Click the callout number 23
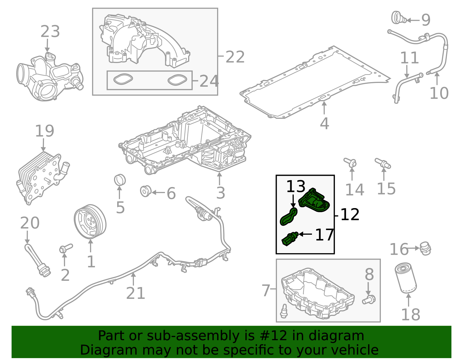coord(50,32)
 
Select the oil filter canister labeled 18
coord(406,277)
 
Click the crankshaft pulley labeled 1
coord(90,221)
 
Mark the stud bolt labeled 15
coord(383,163)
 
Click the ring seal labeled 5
coord(120,180)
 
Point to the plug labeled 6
coord(145,191)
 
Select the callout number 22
coord(235,57)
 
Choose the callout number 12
coord(350,215)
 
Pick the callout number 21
coord(135,293)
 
